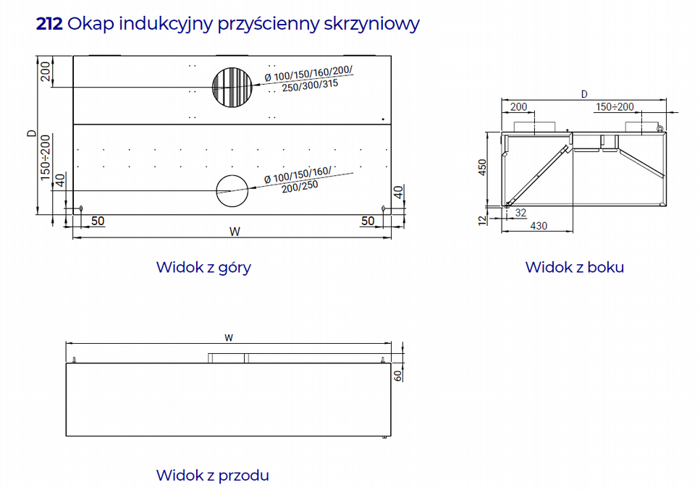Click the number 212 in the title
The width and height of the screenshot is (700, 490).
click(x=49, y=24)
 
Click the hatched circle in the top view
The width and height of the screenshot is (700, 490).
click(x=232, y=88)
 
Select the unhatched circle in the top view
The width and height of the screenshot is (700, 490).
click(x=232, y=191)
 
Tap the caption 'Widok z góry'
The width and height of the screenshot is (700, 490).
click(x=203, y=267)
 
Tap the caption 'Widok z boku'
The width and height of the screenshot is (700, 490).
click(x=575, y=267)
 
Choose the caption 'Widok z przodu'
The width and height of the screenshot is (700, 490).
click(x=213, y=476)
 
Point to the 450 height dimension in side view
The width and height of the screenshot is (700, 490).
click(x=482, y=167)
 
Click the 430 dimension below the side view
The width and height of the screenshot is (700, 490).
click(x=539, y=226)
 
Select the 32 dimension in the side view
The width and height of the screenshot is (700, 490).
click(x=520, y=213)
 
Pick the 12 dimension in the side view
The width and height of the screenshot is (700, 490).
click(x=482, y=220)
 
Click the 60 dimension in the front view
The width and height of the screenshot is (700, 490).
click(x=397, y=376)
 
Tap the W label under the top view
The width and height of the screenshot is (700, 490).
click(x=235, y=232)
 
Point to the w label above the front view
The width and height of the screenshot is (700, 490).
click(x=229, y=338)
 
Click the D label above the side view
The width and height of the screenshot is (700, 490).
click(x=584, y=94)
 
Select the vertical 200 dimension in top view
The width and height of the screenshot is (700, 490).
click(x=46, y=72)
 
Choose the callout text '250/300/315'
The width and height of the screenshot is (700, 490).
click(x=310, y=85)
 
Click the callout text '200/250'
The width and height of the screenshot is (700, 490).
click(x=300, y=187)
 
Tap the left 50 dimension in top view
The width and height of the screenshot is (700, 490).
click(x=98, y=221)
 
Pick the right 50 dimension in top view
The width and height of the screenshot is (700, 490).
click(x=368, y=221)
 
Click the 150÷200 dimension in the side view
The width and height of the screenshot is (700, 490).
click(x=615, y=107)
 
